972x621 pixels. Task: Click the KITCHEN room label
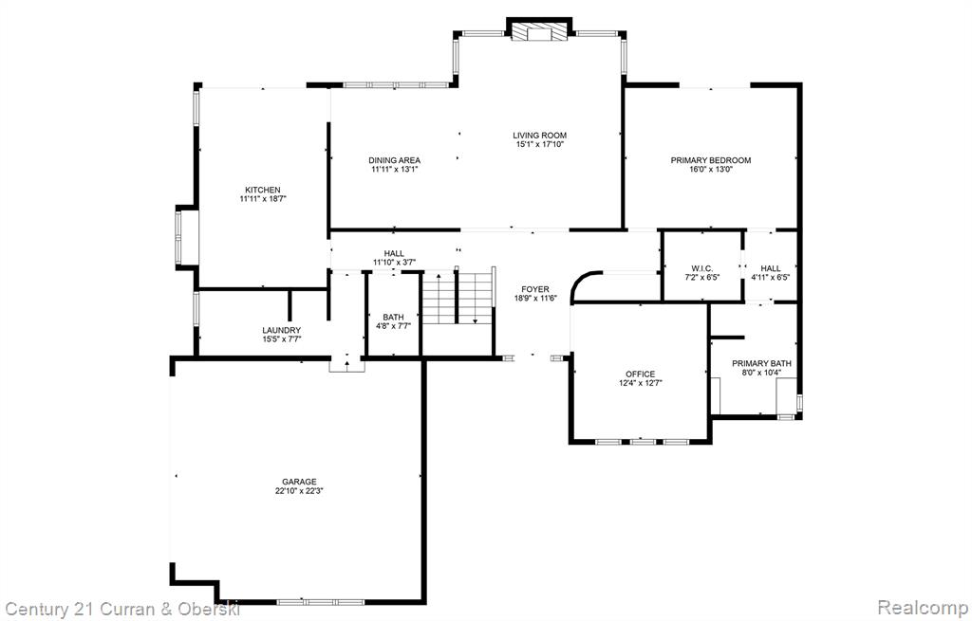click(263, 190)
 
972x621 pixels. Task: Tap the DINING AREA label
click(394, 160)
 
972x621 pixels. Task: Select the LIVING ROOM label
click(539, 136)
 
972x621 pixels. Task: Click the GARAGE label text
click(299, 482)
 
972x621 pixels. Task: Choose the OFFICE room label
click(641, 374)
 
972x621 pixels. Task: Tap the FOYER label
click(535, 289)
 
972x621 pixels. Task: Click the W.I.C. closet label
click(702, 268)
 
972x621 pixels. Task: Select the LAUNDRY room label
click(281, 331)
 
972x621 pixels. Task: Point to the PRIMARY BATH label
click(761, 363)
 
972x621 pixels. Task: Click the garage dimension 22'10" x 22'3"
click(300, 491)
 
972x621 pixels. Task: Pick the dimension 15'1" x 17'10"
click(539, 145)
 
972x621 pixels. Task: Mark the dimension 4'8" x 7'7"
click(393, 325)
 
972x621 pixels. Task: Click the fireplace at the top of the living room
click(539, 29)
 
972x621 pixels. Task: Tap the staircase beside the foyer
click(458, 298)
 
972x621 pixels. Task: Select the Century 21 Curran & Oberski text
click(121, 608)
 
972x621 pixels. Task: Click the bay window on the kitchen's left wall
click(186, 238)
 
